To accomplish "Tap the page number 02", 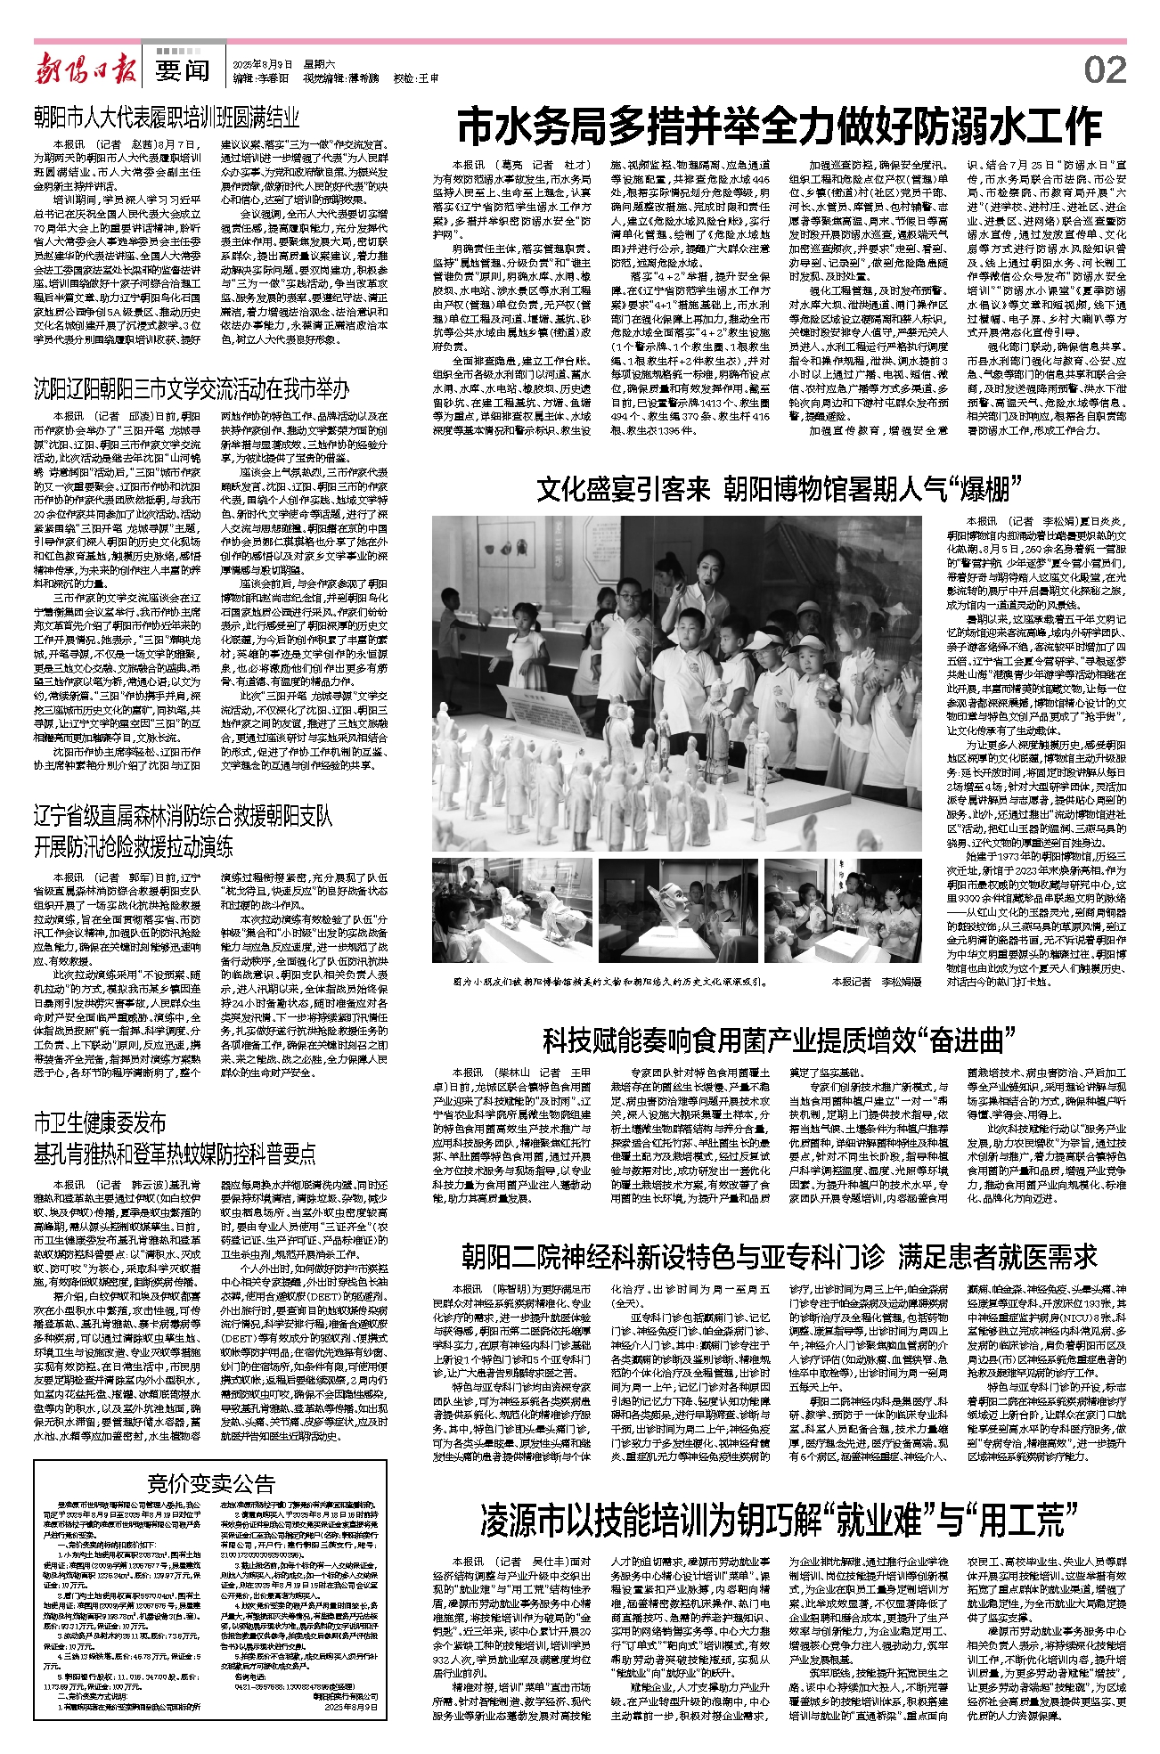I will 1105,69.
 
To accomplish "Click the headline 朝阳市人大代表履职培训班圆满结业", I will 167,117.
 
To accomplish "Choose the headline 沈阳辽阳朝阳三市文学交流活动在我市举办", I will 191,388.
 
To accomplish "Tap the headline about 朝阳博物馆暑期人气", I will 778,490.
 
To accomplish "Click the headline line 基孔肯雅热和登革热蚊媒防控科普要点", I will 175,1154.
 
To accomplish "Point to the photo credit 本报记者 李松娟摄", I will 877,982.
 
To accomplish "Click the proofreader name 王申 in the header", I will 430,78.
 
